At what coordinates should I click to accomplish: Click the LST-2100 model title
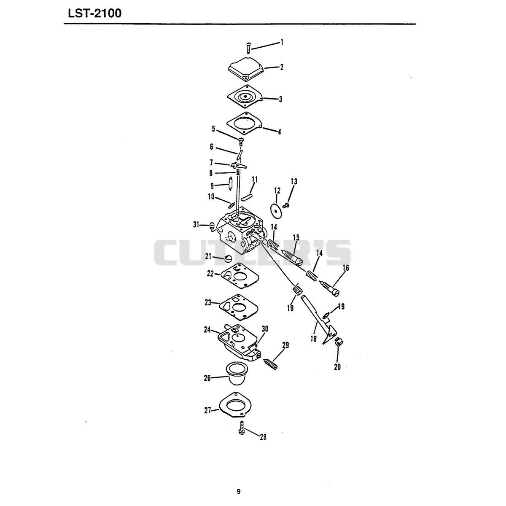tap(95, 13)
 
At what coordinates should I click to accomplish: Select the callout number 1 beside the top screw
tap(282, 42)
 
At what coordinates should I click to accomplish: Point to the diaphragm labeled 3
tap(245, 96)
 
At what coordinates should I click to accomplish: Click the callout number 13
tap(294, 181)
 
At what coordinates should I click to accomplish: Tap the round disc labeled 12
tap(276, 210)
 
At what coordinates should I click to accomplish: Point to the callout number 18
tap(313, 339)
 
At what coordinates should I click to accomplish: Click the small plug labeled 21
tap(229, 258)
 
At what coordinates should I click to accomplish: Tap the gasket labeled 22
tap(240, 277)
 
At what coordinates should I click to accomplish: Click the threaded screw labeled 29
tap(270, 364)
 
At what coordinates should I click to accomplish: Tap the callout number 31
tap(196, 225)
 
